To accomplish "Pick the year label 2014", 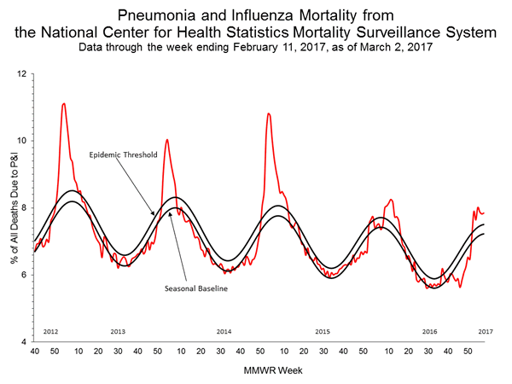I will (x=224, y=330).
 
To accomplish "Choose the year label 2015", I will (x=323, y=330).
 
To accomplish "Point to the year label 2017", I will (x=485, y=330).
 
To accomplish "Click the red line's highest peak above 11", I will (x=64, y=104).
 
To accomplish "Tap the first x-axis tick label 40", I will (x=33, y=352).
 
